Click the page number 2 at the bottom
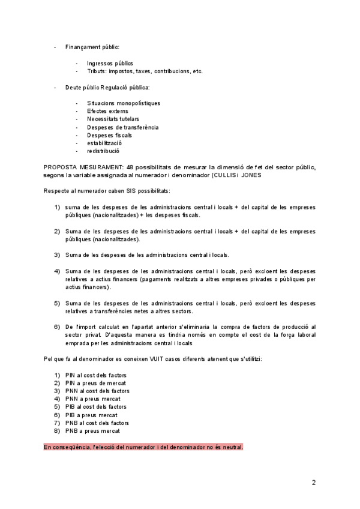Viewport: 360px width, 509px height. pos(313,482)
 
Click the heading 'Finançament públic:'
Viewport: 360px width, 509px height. pos(92,47)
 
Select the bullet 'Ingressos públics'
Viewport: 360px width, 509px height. pos(110,63)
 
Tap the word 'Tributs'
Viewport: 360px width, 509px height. pos(97,71)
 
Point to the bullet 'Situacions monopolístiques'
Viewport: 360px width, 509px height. pos(124,103)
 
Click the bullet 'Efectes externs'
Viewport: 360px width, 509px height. pos(107,111)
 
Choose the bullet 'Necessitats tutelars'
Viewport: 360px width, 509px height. pos(113,119)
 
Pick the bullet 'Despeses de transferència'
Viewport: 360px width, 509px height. pos(122,127)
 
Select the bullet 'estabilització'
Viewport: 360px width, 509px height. pos(104,143)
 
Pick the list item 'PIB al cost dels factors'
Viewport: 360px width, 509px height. pos(96,407)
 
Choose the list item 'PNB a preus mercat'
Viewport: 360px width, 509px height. pos(92,430)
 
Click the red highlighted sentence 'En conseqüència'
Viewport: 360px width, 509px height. pos(143,447)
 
